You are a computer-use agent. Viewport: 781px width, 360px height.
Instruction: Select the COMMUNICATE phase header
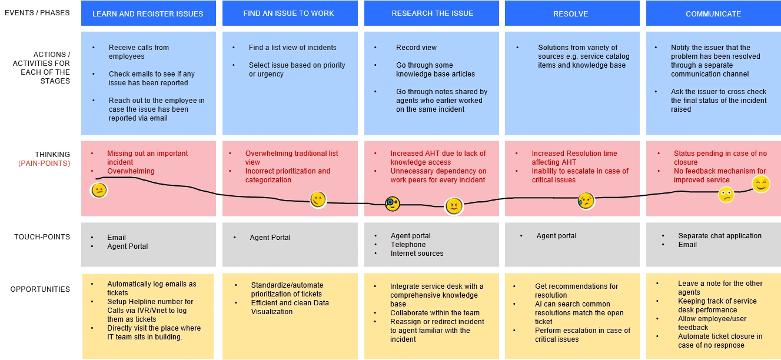pos(713,14)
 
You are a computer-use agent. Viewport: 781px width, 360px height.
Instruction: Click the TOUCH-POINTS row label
pos(42,237)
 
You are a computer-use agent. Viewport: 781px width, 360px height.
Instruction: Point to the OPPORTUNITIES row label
pos(40,289)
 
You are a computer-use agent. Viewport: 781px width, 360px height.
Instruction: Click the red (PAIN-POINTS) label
pos(44,164)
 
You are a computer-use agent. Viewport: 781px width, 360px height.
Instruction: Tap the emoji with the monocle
pos(393,204)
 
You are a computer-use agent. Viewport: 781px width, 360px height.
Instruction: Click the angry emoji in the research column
pos(454,206)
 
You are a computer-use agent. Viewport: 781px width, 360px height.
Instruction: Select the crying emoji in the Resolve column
pos(586,201)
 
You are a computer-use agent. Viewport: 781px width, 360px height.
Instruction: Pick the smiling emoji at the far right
pos(761,184)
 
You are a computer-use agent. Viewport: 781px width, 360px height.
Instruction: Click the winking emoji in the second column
pos(318,199)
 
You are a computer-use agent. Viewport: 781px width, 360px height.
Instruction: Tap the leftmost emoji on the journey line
pos(99,190)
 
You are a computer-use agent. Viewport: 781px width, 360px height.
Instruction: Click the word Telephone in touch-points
pos(408,245)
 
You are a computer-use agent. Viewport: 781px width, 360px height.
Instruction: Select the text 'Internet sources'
pos(417,254)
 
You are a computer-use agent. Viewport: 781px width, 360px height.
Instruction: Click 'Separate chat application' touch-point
pos(720,235)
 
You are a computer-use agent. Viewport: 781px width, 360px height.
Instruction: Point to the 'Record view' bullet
pos(416,48)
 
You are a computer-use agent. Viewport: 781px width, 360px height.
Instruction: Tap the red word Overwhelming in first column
pos(131,171)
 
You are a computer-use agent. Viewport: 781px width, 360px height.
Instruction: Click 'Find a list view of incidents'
pos(293,48)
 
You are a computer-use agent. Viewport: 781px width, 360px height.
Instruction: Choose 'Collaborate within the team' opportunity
pos(435,312)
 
